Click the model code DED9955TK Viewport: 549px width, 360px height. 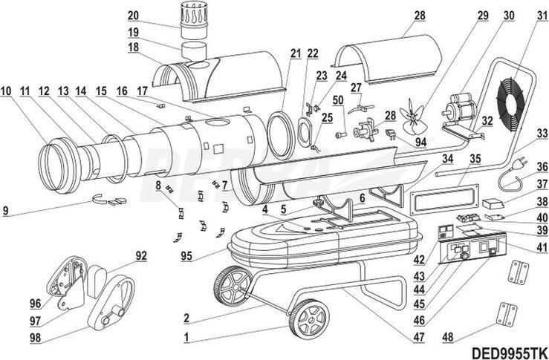[x=509, y=352]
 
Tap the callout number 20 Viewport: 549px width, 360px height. [x=133, y=15]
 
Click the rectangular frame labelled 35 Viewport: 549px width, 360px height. [x=442, y=200]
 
